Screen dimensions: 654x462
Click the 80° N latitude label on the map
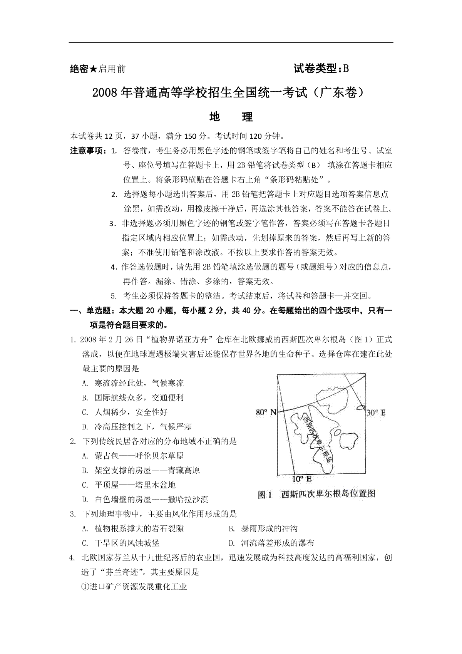[x=266, y=413]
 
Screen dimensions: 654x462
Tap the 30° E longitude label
[x=376, y=413]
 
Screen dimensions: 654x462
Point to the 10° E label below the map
[x=302, y=479]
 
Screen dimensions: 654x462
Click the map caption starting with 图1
[x=316, y=494]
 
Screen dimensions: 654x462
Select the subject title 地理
[x=231, y=117]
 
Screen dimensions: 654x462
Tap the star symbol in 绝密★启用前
[x=94, y=69]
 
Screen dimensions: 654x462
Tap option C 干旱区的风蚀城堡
[x=127, y=543]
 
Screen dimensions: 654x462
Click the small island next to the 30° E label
[x=361, y=407]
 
